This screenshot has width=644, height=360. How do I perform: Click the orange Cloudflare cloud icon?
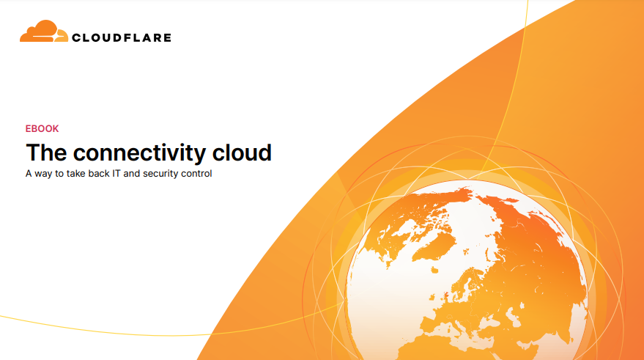(44, 32)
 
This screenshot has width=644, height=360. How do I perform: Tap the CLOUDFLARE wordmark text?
(122, 38)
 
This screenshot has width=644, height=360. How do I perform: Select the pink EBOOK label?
(42, 128)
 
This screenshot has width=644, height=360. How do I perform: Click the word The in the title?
(46, 153)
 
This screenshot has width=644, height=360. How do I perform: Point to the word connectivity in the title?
(139, 153)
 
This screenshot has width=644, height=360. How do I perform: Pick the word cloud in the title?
(242, 153)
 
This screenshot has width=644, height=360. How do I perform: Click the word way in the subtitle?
(43, 175)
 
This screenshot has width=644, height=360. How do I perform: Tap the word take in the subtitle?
(75, 174)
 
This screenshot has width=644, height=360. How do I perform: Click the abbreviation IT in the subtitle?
(116, 174)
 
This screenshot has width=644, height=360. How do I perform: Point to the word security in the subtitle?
(160, 175)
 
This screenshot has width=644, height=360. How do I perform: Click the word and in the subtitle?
(131, 174)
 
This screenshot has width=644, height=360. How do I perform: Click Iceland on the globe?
(434, 270)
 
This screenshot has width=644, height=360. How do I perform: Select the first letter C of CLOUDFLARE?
(76, 38)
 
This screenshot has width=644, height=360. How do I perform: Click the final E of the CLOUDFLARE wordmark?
(167, 38)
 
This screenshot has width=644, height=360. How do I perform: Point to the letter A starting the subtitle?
(29, 174)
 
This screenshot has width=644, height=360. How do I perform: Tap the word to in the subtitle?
(59, 174)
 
